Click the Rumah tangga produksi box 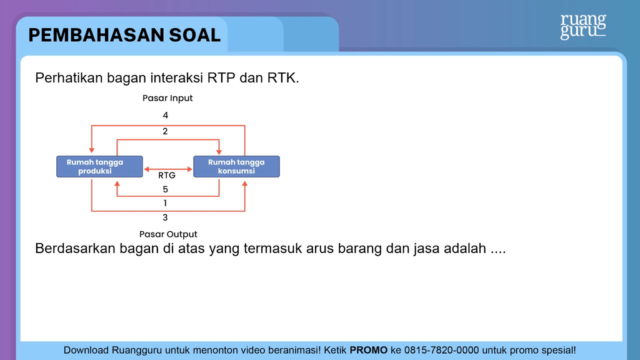(x=99, y=166)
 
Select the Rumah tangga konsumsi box (x=236, y=166)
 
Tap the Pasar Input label (x=167, y=98)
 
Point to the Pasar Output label (x=168, y=234)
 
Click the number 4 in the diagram (x=165, y=116)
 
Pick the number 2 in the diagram (x=165, y=131)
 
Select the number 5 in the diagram (x=165, y=189)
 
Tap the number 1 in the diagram (x=165, y=203)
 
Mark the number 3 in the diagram (x=165, y=217)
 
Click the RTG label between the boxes (x=166, y=176)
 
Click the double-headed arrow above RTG (x=168, y=169)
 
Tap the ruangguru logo (x=583, y=27)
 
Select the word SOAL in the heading (x=195, y=35)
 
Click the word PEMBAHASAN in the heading (x=96, y=35)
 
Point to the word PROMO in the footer (x=369, y=350)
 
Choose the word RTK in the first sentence (x=283, y=77)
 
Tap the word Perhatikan (x=69, y=77)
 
